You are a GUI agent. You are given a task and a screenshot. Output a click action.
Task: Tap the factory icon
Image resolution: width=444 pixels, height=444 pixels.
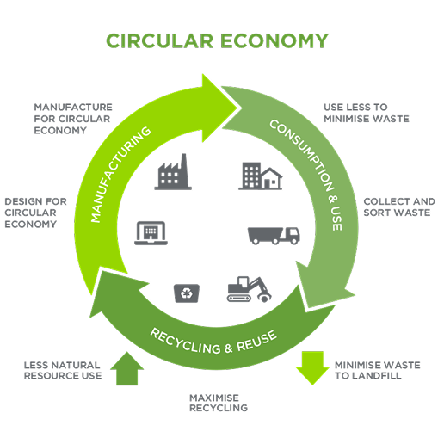(x=172, y=171)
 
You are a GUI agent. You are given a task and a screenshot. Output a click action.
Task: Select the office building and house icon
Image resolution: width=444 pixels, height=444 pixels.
(x=259, y=176)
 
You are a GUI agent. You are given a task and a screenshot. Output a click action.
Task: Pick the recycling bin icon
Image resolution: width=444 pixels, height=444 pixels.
(x=185, y=294)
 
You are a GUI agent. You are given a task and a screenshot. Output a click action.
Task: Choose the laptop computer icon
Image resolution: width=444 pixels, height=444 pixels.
(x=151, y=232)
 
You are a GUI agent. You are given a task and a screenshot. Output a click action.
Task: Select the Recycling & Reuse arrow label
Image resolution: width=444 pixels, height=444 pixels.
(x=213, y=334)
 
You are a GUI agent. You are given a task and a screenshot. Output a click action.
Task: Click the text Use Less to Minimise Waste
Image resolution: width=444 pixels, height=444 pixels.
(x=366, y=113)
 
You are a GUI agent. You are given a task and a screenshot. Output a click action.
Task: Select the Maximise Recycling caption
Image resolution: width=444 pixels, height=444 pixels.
(x=219, y=402)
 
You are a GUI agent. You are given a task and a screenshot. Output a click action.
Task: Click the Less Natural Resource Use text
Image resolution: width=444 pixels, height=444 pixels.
(x=63, y=370)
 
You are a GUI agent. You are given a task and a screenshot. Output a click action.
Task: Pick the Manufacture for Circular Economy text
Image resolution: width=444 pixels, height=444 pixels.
(x=73, y=118)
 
